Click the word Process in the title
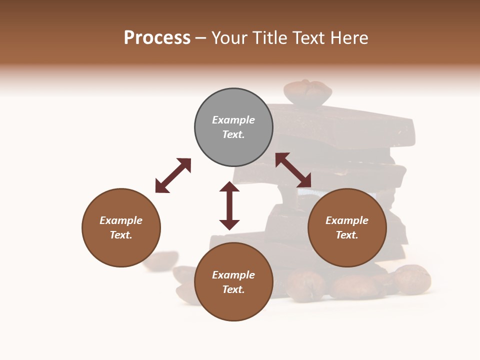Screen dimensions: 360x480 point(157,38)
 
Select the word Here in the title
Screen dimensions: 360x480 point(349,38)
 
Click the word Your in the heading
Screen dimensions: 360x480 point(229,38)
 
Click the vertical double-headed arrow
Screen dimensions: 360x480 point(229,205)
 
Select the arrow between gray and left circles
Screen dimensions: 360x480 point(173,175)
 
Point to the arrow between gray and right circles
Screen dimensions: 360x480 point(293,170)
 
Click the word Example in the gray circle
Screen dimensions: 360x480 point(233,120)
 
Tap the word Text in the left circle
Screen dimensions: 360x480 point(121,235)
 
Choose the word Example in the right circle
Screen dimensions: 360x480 point(347,220)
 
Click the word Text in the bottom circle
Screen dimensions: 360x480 point(233,289)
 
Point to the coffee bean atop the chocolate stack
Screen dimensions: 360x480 point(307,93)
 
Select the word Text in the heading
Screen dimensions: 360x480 point(309,38)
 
